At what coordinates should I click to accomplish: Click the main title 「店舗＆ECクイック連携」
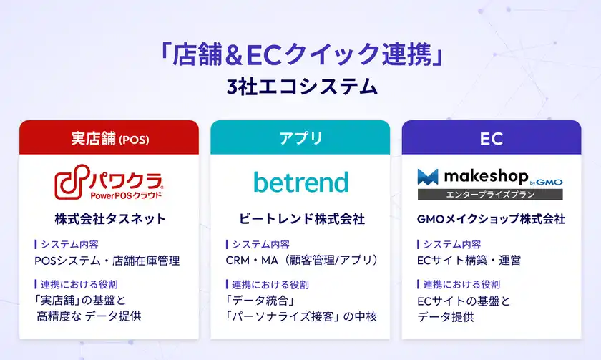click(300, 54)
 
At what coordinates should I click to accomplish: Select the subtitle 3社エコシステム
click(300, 87)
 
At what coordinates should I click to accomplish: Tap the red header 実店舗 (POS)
click(109, 138)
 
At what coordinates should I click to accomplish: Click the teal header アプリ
click(300, 138)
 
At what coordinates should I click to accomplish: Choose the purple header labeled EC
click(492, 138)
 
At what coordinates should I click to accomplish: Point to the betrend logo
click(300, 182)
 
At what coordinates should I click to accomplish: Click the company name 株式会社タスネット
click(109, 218)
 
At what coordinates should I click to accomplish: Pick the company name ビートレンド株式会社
click(300, 218)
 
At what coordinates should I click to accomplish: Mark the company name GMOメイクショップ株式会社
click(492, 218)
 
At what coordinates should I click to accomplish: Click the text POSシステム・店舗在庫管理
click(107, 261)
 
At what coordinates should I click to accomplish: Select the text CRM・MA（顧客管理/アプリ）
click(301, 261)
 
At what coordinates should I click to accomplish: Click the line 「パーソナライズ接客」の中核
click(301, 316)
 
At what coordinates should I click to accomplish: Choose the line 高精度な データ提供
click(89, 316)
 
